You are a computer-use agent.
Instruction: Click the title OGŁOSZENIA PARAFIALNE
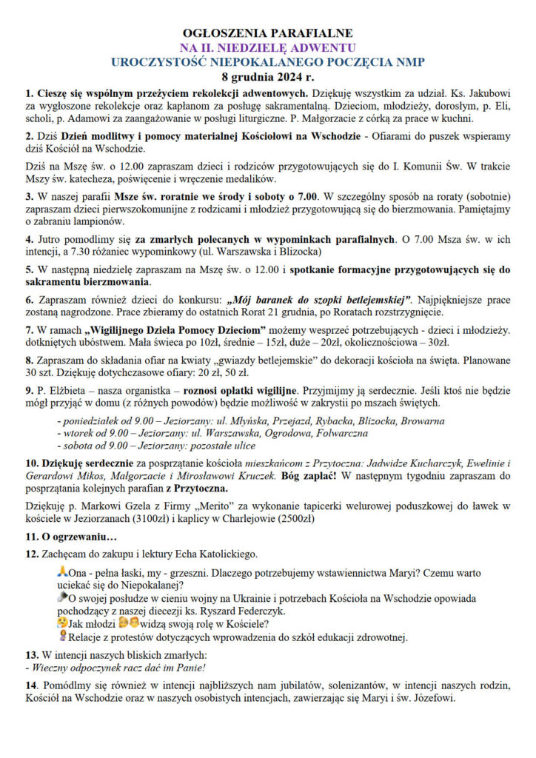coord(267,33)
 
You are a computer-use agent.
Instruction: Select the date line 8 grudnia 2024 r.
coord(267,76)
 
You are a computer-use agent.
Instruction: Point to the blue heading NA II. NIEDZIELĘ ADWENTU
coord(267,48)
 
